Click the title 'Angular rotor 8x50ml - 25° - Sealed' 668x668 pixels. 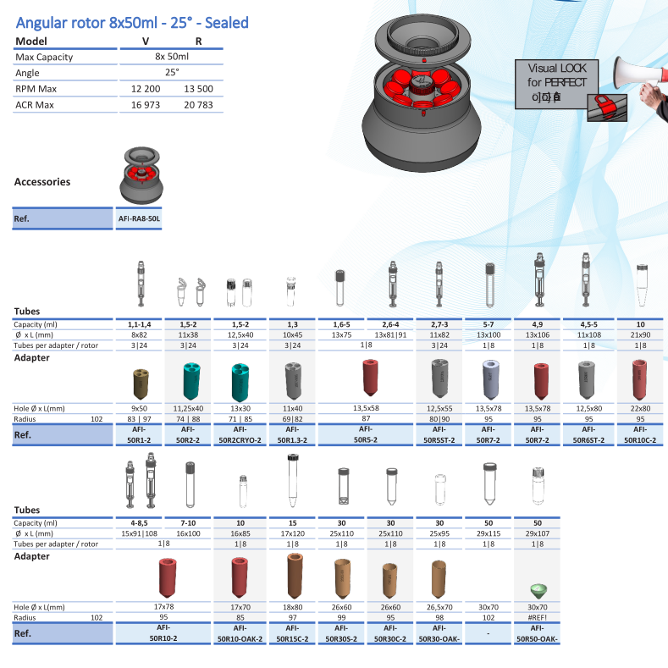[x=132, y=22]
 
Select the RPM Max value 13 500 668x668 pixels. [x=198, y=89]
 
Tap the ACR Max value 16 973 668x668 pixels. [x=146, y=105]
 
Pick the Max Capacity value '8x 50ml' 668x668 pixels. [x=172, y=57]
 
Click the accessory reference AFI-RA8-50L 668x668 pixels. [x=138, y=218]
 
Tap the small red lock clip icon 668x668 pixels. [x=603, y=102]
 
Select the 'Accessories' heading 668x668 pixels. [x=42, y=182]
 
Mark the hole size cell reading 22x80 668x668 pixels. [x=640, y=409]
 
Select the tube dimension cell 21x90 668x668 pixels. [x=640, y=335]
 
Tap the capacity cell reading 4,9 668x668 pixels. [x=538, y=325]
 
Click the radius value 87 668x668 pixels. [x=367, y=418]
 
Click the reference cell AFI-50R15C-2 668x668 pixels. [x=291, y=633]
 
